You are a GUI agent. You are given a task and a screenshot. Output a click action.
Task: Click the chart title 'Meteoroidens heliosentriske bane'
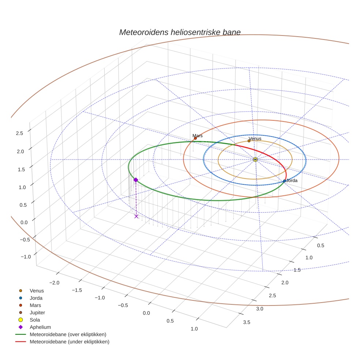[x=180, y=32]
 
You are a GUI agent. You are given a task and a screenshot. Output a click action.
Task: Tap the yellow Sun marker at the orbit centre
[x=255, y=160]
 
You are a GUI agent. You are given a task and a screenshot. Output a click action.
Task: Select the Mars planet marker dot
[x=195, y=138]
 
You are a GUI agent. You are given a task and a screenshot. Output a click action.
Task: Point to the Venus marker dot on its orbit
[x=249, y=141]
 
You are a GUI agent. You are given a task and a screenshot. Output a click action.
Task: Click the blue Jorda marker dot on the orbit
[x=284, y=181]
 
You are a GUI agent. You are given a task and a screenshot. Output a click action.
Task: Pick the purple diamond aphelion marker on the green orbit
[x=136, y=180]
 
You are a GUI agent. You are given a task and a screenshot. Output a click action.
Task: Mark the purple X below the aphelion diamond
[x=136, y=216]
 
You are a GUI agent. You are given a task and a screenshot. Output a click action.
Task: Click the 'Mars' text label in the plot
[x=198, y=136]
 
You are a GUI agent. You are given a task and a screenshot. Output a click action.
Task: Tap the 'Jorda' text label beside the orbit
[x=292, y=181]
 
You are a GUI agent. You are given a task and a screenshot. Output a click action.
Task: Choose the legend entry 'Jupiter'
[x=37, y=313]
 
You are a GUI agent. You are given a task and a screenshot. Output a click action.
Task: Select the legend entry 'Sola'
[x=35, y=320]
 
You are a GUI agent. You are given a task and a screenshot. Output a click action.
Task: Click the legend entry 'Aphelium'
[x=40, y=327]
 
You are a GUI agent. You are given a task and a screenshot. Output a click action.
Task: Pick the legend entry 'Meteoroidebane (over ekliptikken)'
[x=68, y=334]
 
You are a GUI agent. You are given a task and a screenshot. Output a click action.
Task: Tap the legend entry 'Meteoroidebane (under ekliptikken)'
[x=70, y=342]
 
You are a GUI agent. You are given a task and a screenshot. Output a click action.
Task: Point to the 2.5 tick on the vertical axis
[x=19, y=133]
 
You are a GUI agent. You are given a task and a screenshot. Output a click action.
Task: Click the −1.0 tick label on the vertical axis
[x=26, y=257]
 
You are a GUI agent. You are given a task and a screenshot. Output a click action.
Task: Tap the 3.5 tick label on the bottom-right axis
[x=247, y=322]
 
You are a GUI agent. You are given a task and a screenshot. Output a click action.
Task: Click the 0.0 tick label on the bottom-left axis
[x=146, y=313]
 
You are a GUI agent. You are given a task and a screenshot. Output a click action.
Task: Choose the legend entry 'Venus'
[x=37, y=291]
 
